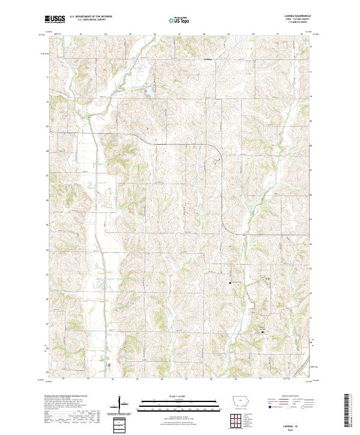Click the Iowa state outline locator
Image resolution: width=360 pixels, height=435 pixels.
tap(242, 402)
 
